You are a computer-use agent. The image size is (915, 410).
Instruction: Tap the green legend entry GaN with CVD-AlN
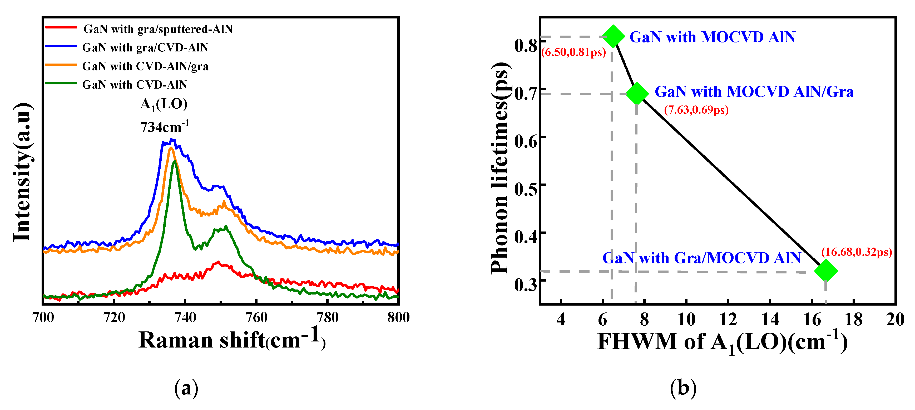135,85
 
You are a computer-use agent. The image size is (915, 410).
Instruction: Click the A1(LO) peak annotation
164,104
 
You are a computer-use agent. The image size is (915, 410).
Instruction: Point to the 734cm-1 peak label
165,127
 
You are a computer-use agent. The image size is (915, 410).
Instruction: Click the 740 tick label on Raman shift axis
185,317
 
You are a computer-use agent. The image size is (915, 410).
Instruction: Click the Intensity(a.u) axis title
22,172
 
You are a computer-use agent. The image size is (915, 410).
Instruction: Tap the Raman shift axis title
232,339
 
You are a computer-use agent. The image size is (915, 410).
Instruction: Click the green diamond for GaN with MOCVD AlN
613,36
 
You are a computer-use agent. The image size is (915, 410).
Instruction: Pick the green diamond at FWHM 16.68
826,271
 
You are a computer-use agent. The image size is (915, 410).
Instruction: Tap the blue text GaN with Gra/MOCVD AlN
701,258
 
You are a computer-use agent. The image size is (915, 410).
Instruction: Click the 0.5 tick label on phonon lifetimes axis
525,189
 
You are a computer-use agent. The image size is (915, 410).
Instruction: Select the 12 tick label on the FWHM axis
728,319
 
